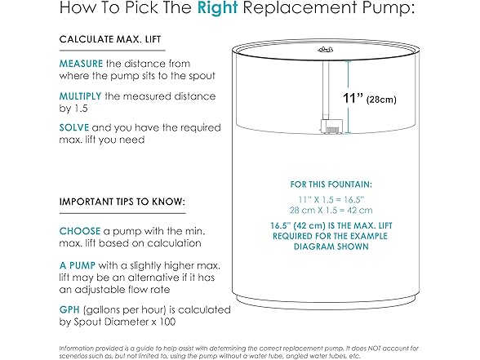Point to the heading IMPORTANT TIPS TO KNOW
point(122,201)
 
